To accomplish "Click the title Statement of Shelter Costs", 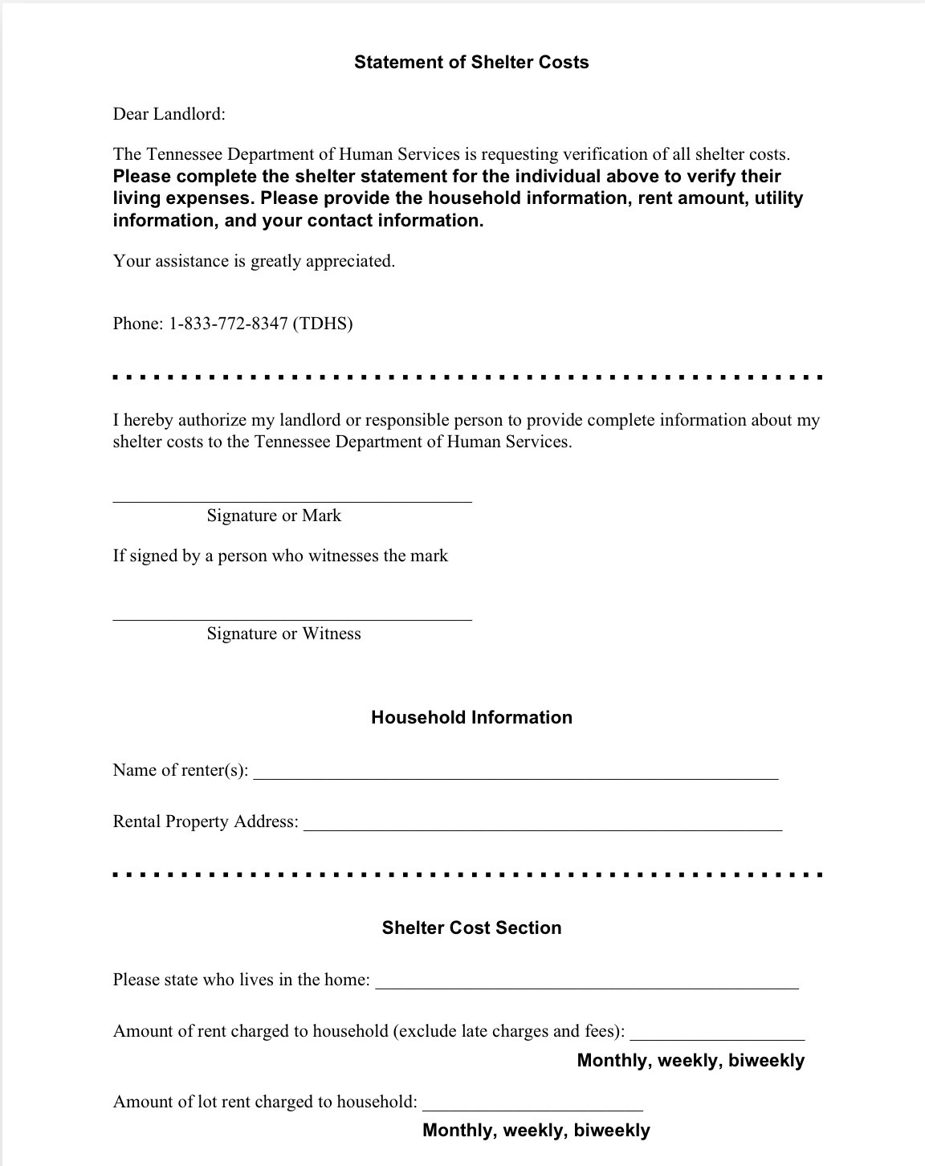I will pyautogui.click(x=471, y=63).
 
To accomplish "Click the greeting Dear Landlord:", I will pyautogui.click(x=169, y=114).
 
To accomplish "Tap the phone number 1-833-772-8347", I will pyautogui.click(x=227, y=324).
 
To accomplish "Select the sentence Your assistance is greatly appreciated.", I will pyautogui.click(x=254, y=261).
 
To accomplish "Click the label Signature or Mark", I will pyautogui.click(x=274, y=516).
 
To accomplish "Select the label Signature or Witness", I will pyautogui.click(x=283, y=634).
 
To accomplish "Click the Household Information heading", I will pyautogui.click(x=471, y=718).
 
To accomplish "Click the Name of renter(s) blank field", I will pyautogui.click(x=515, y=773).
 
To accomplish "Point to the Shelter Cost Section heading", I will pyautogui.click(x=471, y=928).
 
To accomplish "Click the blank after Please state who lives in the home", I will pyautogui.click(x=587, y=982).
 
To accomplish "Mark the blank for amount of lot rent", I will pyautogui.click(x=532, y=1104).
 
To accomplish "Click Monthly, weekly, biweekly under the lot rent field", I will pyautogui.click(x=536, y=1131).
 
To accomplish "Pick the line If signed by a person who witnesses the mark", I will pyautogui.click(x=280, y=556).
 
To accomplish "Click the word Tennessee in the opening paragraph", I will pyautogui.click(x=184, y=154).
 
